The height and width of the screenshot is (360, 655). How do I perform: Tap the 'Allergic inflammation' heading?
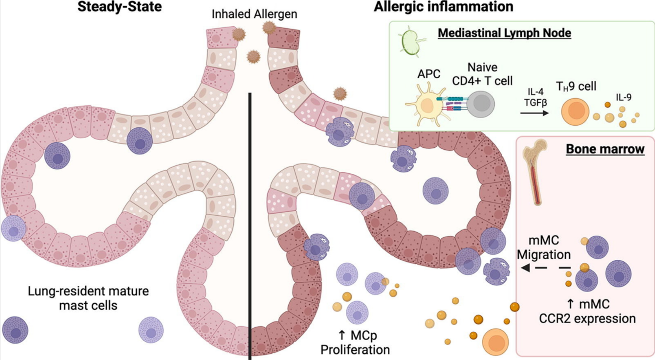pos(443,7)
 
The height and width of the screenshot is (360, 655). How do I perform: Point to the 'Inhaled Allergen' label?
pos(254,14)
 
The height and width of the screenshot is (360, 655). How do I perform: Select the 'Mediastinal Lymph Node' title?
pos(504,33)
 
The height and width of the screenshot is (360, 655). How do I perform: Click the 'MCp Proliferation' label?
pos(355,343)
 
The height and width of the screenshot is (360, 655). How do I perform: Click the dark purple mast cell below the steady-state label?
pos(15,330)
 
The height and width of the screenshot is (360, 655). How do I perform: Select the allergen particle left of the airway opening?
pos(238,34)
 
